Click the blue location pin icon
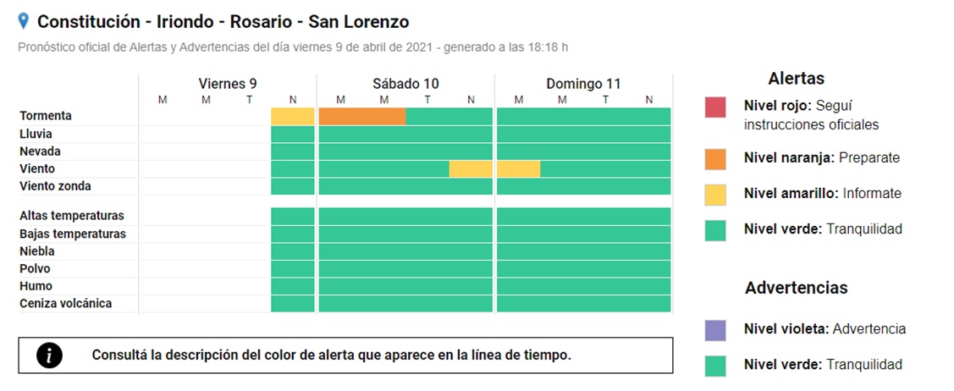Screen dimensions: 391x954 (x=24, y=21)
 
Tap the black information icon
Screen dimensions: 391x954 (x=50, y=355)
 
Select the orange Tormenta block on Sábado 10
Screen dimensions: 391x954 (x=361, y=117)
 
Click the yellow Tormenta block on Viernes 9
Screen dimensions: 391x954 (x=293, y=117)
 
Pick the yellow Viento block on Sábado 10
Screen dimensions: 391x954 (x=471, y=169)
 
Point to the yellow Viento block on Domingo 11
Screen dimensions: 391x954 (x=518, y=169)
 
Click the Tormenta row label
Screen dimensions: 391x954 (x=46, y=116)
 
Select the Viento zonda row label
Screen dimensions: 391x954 (x=55, y=186)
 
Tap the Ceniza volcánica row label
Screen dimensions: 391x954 (x=65, y=303)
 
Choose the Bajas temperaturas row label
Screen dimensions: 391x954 (x=73, y=234)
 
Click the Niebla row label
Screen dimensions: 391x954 (x=38, y=251)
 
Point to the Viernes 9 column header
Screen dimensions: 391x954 (x=227, y=84)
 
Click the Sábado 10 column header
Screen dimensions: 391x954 (x=405, y=84)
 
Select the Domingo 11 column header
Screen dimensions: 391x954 (x=583, y=84)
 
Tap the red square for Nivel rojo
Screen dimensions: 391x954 (x=715, y=107)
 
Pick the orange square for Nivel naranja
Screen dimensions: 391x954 (x=715, y=159)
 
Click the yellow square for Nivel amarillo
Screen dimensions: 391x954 (x=715, y=195)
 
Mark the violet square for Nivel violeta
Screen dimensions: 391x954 (x=715, y=329)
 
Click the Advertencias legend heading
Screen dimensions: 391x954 (x=796, y=289)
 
